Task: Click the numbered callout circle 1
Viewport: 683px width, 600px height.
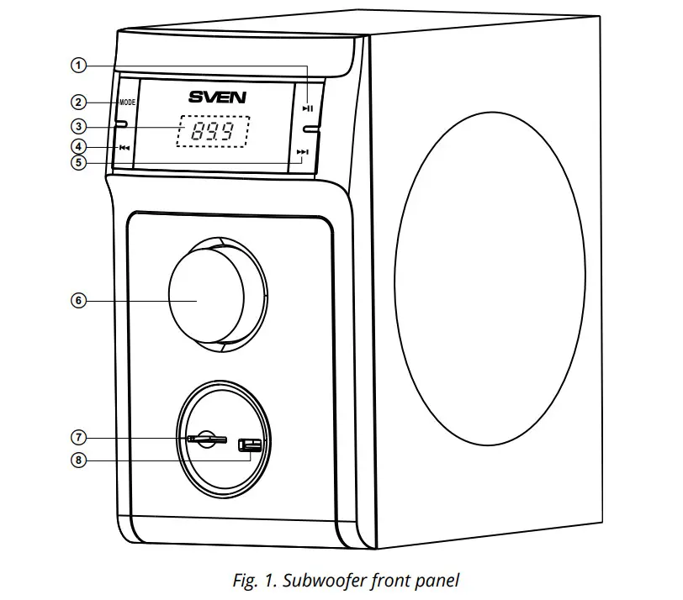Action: tap(78, 66)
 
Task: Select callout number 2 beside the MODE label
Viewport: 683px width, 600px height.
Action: tap(78, 103)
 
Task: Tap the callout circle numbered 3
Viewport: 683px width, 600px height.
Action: tap(78, 126)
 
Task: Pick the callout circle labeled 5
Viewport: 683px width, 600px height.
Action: tap(78, 163)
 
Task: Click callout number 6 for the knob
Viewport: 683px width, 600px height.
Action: tap(78, 301)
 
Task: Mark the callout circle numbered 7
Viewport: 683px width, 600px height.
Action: tap(78, 438)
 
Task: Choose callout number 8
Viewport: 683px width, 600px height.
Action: tap(78, 460)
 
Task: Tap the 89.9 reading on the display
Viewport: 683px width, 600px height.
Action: tap(214, 132)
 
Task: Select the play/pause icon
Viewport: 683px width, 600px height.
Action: tap(309, 108)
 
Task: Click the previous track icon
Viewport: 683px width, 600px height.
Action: tap(124, 148)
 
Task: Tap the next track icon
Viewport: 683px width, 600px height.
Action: tap(304, 152)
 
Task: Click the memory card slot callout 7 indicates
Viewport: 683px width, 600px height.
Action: tap(207, 439)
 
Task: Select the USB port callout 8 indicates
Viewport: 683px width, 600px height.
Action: tap(250, 445)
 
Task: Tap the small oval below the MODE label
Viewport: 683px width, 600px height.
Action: tap(122, 125)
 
